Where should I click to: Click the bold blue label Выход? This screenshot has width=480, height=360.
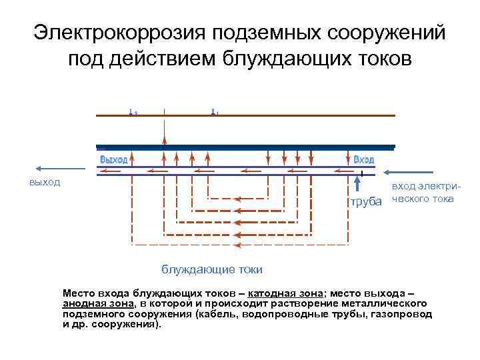click(113, 160)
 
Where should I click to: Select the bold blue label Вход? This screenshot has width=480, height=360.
click(363, 160)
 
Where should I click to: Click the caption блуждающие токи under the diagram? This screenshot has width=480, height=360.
click(212, 269)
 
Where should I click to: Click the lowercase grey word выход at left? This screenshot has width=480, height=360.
click(45, 181)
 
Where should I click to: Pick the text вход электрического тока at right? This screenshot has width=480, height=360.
click(423, 193)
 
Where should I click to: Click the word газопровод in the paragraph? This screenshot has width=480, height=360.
click(402, 313)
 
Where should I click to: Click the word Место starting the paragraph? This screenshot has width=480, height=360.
click(78, 293)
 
